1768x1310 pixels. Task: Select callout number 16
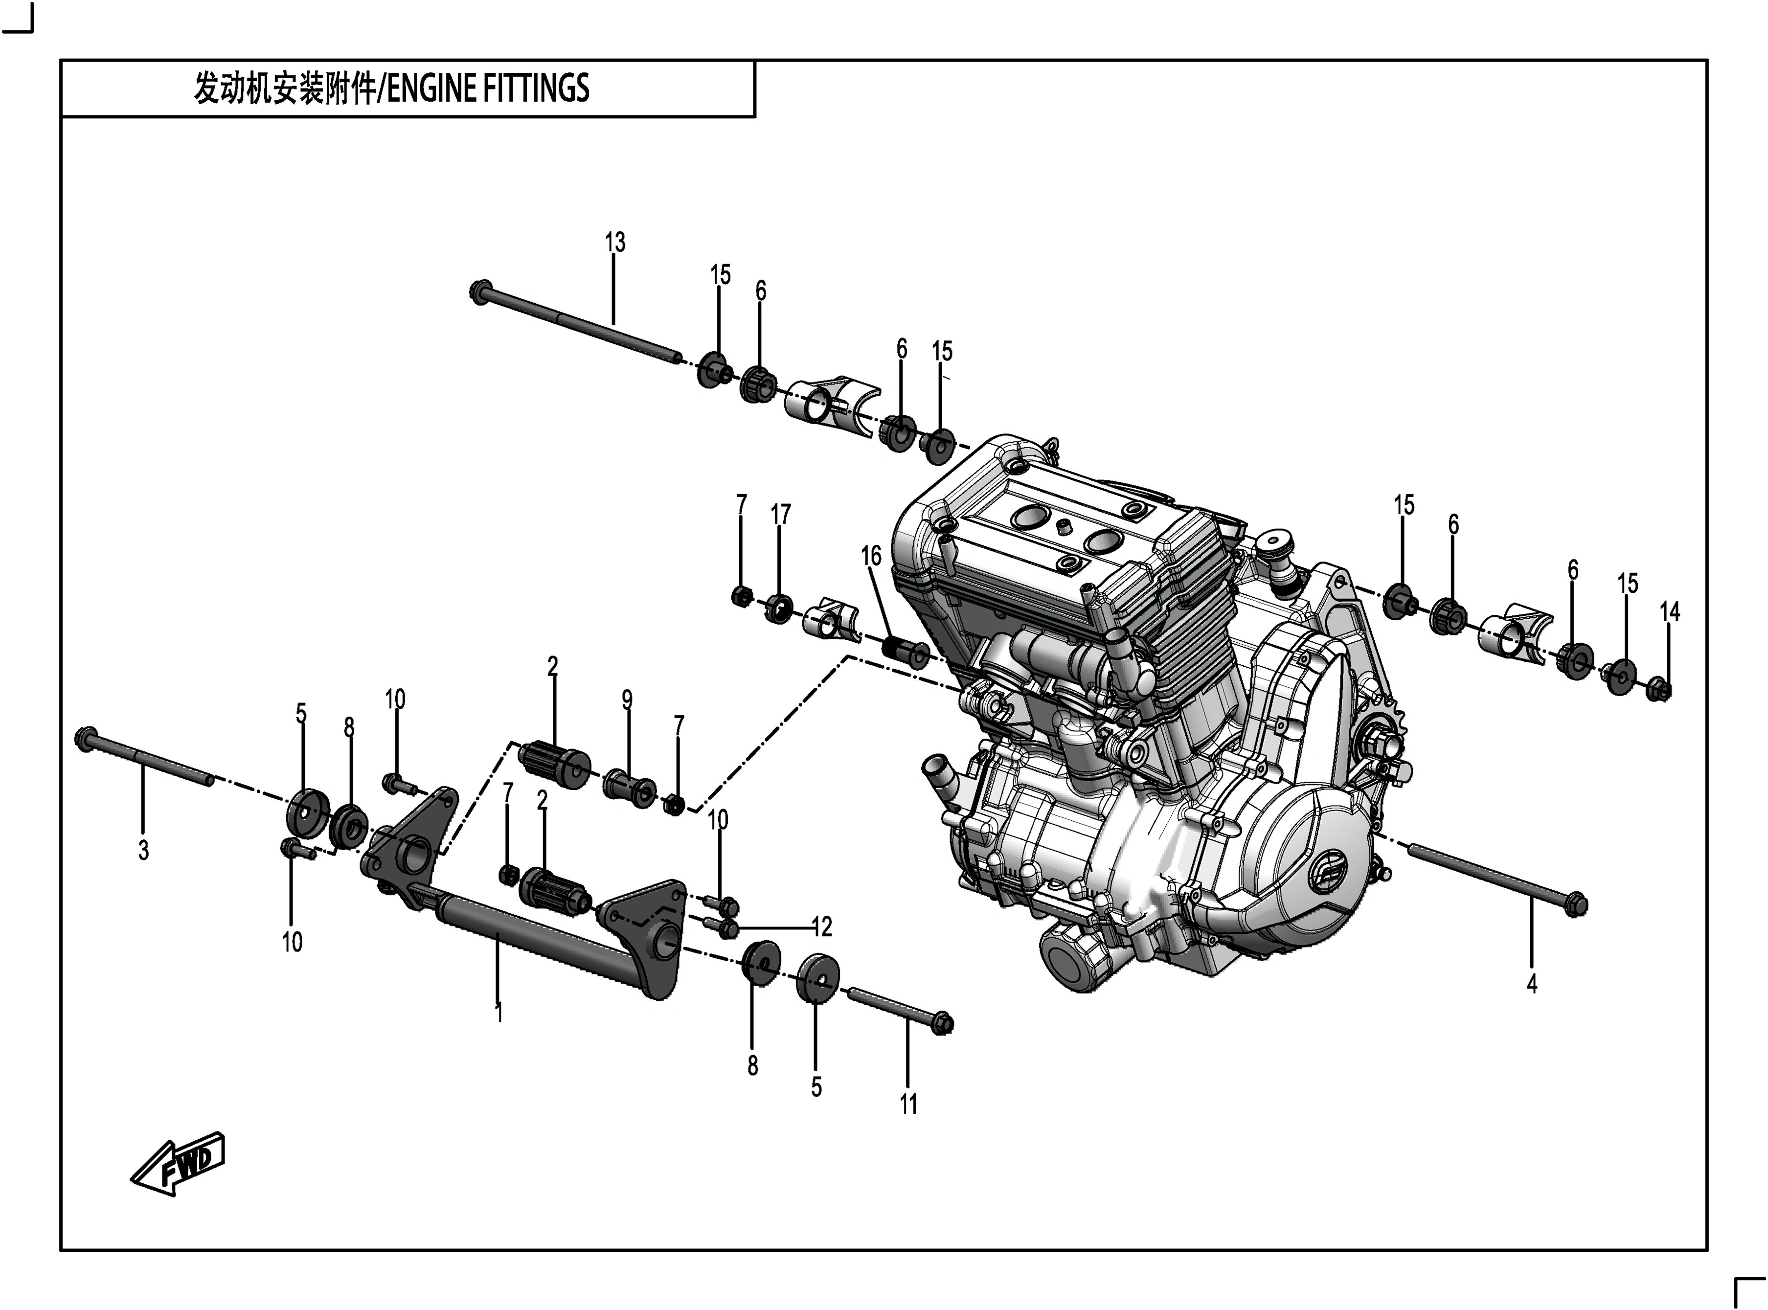coord(870,557)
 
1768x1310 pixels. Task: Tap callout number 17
coord(780,515)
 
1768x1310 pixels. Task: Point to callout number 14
coord(1669,612)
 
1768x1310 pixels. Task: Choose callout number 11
coord(908,1104)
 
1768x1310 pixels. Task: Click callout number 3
coord(143,851)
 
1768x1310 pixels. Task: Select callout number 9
coord(627,700)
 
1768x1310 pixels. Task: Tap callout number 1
coord(499,1014)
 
